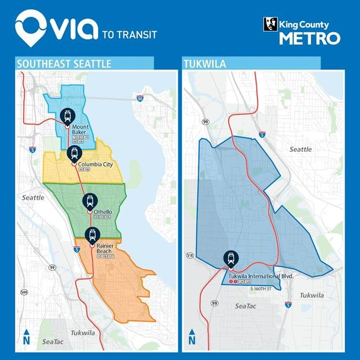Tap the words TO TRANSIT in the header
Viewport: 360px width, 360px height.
(129, 34)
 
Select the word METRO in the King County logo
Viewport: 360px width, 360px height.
(309, 38)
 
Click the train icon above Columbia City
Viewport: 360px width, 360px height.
(73, 153)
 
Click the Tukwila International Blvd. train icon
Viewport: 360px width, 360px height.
(231, 257)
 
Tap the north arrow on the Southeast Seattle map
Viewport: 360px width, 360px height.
(27, 336)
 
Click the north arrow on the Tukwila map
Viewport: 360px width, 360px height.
(192, 336)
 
